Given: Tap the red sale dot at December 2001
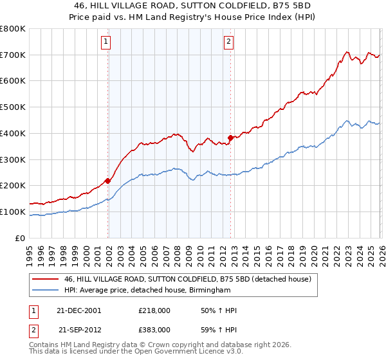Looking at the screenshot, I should click(x=108, y=181).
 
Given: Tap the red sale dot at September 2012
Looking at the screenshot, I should click(x=231, y=138).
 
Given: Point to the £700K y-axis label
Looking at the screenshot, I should click(x=13, y=55).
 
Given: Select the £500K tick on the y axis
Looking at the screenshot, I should click(x=13, y=107).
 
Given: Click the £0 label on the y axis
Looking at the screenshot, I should click(x=20, y=238).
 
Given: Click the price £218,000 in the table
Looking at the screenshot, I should click(x=154, y=310).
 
